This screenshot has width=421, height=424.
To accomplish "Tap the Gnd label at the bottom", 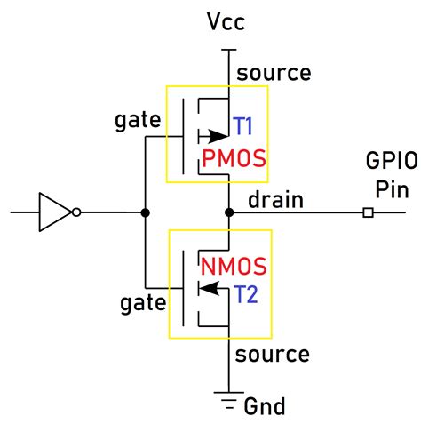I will (x=263, y=406).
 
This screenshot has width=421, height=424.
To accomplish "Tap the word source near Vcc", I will (x=274, y=73).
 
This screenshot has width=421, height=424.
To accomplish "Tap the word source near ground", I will (x=274, y=355).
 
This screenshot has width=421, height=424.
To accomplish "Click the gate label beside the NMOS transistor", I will (x=142, y=304).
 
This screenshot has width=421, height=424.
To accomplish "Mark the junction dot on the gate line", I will (x=144, y=212).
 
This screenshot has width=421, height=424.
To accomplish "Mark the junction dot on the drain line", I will (x=229, y=212).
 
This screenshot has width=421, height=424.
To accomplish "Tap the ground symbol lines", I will (x=229, y=396).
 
